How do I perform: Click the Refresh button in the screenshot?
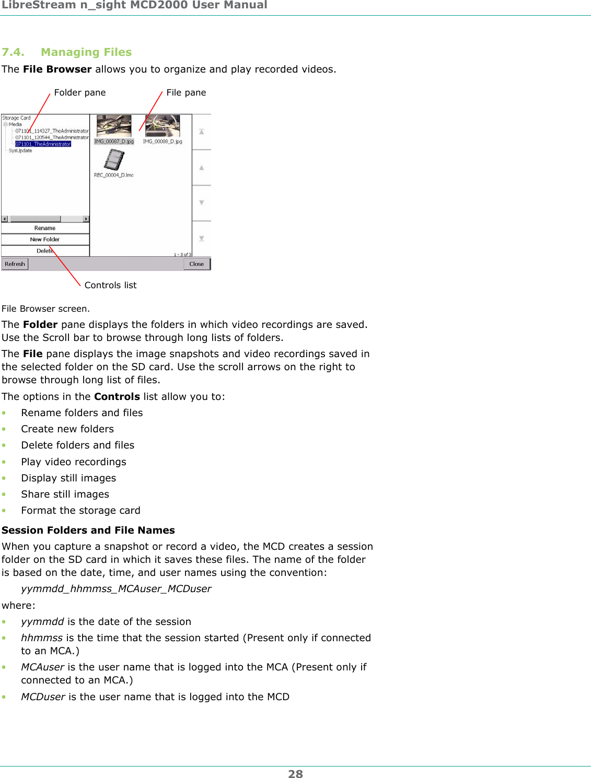15,264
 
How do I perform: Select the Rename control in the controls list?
45,228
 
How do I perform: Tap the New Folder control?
45,240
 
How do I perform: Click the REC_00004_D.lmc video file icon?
114,160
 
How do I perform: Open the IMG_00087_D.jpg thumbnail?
114,126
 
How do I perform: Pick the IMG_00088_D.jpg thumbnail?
163,126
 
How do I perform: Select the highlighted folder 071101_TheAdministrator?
43,144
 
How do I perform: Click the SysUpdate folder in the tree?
20,151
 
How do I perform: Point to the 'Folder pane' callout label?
79,92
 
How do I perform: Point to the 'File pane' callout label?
186,92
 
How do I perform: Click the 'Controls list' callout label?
110,285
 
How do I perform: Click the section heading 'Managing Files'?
86,52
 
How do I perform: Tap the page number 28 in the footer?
295,774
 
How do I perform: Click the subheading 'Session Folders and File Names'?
88,530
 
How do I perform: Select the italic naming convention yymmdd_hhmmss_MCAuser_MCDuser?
116,589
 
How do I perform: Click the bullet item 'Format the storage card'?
80,511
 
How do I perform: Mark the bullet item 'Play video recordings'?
74,462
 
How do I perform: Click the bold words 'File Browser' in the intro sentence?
57,69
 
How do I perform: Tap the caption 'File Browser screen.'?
45,309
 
